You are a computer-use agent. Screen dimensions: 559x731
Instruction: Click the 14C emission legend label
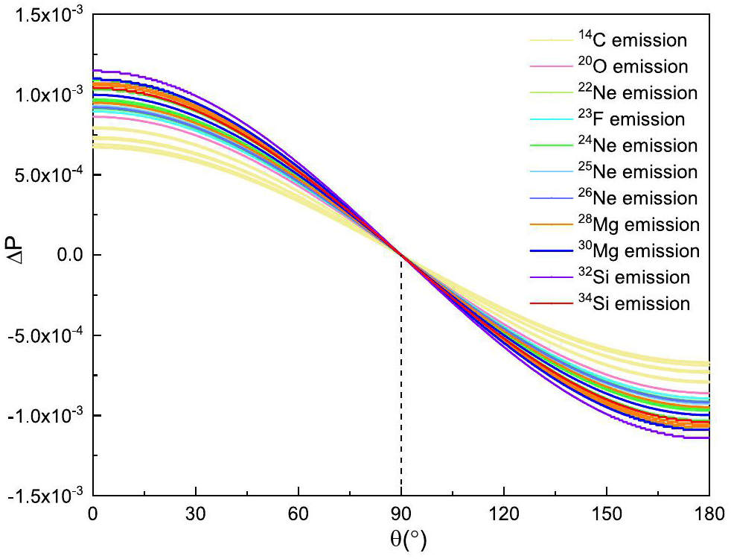[632, 40]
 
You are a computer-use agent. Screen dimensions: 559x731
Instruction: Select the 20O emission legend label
[632, 66]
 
